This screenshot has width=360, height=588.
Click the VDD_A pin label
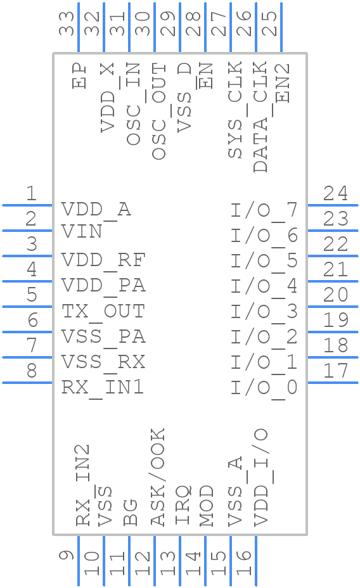96,210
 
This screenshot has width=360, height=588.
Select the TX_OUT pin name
103,311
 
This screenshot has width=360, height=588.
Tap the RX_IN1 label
103,387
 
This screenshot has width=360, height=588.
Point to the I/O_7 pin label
264,210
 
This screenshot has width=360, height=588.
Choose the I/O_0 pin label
264,387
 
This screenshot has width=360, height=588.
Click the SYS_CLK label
235,111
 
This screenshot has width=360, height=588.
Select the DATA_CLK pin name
260,117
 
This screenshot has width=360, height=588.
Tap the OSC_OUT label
159,111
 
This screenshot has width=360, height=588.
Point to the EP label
79,75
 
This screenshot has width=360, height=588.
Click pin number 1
30,193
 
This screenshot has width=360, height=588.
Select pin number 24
335,193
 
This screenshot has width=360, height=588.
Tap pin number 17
335,371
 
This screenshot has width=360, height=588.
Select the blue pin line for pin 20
332,307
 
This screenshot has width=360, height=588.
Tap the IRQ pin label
183,505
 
